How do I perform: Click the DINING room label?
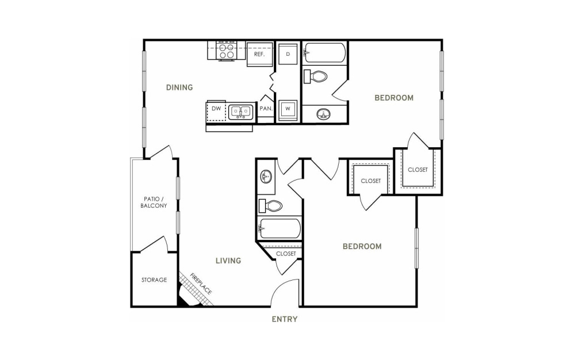click(179, 87)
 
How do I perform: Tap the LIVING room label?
click(228, 261)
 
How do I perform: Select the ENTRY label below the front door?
click(285, 319)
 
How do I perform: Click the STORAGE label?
click(154, 280)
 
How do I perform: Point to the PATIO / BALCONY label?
click(154, 202)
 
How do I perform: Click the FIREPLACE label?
click(201, 284)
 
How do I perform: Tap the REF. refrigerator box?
click(259, 54)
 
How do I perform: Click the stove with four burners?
click(226, 51)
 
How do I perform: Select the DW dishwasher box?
click(216, 111)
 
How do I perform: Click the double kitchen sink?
click(241, 112)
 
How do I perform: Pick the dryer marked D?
click(288, 54)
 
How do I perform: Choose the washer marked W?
click(288, 109)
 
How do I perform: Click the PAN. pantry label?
click(266, 109)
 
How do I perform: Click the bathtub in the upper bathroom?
click(325, 53)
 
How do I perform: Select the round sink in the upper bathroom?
click(323, 114)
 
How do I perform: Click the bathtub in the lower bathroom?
click(280, 229)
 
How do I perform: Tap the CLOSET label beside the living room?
click(286, 254)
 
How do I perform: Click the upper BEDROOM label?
click(394, 98)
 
